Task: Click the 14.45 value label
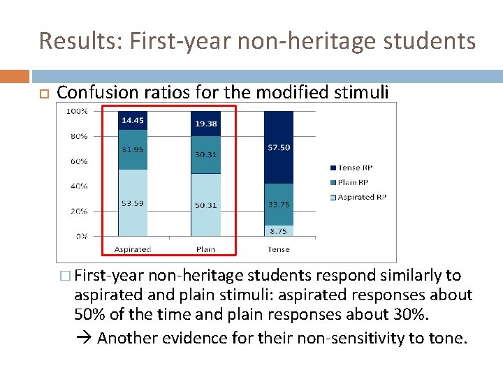pos(132,121)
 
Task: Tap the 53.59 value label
pos(132,203)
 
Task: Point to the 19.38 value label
pos(205,123)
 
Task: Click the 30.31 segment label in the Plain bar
pos(205,155)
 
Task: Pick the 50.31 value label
pos(205,205)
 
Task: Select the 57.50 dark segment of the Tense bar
pos(279,148)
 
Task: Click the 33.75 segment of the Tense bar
pos(279,205)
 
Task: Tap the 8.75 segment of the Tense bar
pos(279,230)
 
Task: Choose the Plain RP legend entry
pos(354,182)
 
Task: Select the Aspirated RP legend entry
pos(359,197)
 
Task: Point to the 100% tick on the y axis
pos(77,111)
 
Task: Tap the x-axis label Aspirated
pos(132,249)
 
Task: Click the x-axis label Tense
pos(279,249)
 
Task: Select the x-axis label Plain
pos(205,249)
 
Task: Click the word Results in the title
pos(73,41)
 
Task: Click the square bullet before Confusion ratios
pos(42,93)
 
